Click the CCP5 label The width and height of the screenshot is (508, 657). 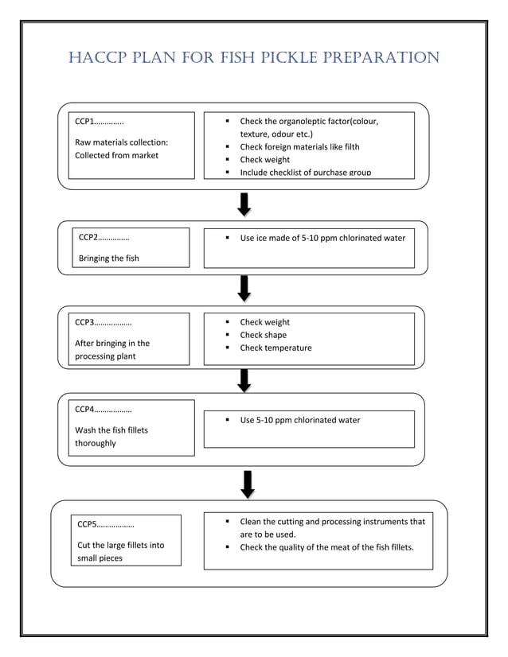[x=89, y=525]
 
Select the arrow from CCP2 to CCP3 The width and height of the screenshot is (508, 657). [x=244, y=288]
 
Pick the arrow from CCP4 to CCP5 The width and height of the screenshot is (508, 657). [x=248, y=484]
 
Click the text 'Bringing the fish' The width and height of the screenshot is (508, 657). [x=109, y=258]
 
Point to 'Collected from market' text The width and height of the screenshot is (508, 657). [x=116, y=155]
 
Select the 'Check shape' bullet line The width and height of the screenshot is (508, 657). [x=263, y=335]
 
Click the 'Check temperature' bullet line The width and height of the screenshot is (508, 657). [x=275, y=348]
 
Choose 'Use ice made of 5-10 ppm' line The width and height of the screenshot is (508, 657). [x=322, y=238]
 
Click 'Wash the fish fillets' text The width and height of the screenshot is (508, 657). [x=111, y=430]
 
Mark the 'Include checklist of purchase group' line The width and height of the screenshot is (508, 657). [x=305, y=172]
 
